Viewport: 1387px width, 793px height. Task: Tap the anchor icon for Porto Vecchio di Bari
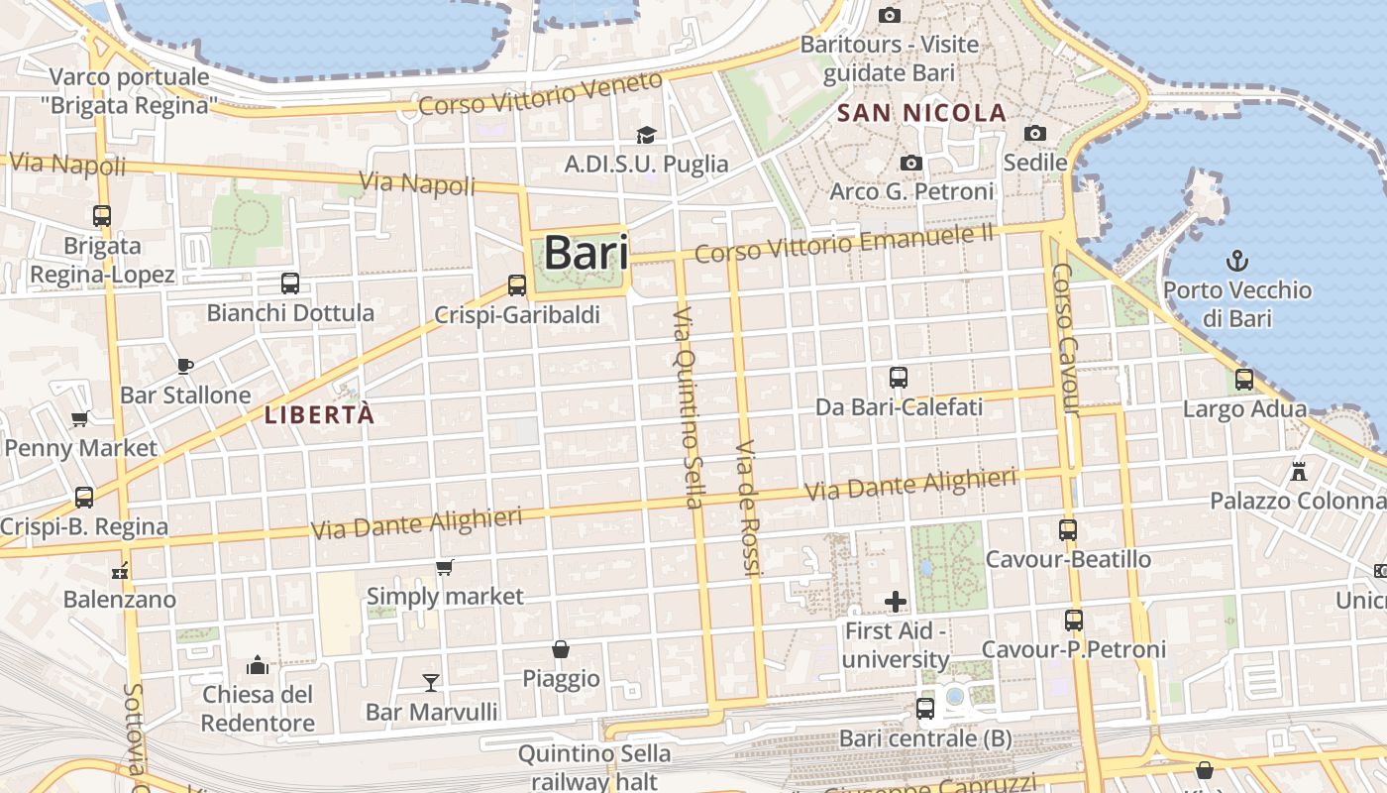1236,262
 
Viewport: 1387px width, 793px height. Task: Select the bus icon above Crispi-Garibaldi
516,285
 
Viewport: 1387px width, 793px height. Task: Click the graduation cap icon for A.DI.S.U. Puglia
646,135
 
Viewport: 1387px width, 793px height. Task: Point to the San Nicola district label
921,113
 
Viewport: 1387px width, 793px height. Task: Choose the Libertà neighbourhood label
319,415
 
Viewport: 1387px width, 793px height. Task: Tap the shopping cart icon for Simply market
445,568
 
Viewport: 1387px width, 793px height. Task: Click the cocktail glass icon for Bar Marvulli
431,682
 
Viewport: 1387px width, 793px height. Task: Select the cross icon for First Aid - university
896,602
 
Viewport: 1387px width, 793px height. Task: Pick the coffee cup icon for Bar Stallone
185,366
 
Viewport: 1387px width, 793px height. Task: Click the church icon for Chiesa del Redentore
258,664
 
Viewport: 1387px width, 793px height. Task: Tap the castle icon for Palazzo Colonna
1299,471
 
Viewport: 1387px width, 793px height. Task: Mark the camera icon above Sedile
1035,133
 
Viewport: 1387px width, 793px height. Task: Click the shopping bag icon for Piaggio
561,649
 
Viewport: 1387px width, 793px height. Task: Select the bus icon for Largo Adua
1244,380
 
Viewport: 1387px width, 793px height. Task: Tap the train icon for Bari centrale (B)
925,709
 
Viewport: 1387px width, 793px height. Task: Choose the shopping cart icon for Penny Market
80,418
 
